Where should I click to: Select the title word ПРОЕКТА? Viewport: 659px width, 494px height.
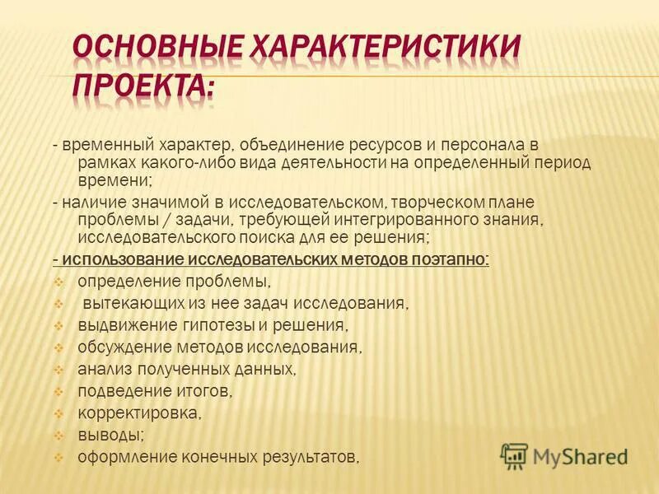click(x=145, y=86)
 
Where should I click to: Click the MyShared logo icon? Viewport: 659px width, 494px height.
click(x=513, y=455)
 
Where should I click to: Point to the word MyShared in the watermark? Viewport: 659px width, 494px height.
click(x=581, y=456)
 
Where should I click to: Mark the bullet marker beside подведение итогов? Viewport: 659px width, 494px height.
click(x=58, y=390)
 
